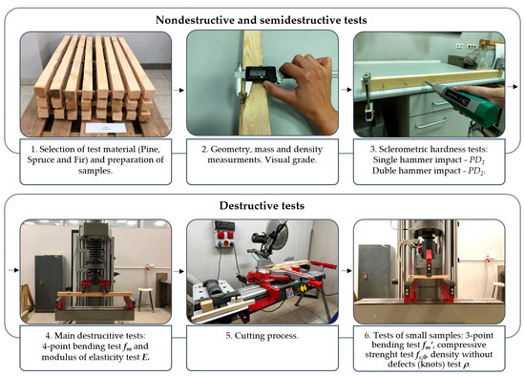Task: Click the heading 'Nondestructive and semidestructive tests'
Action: point(262,20)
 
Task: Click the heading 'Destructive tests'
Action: point(262,205)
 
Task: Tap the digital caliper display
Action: point(261,73)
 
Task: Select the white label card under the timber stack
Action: point(105,128)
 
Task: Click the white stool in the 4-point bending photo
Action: point(146,299)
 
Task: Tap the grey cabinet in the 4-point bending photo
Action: point(49,282)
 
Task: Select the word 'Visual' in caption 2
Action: point(277,159)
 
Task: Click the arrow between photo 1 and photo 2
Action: point(178,90)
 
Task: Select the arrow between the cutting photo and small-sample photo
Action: point(346,270)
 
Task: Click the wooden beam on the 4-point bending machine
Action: point(95,294)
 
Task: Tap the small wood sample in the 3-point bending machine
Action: point(429,277)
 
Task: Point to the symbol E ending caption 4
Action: point(145,358)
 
